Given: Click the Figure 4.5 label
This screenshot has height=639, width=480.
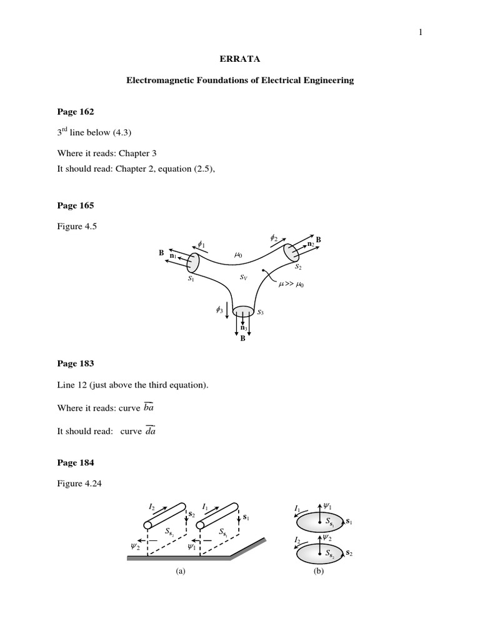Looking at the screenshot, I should click(x=74, y=228).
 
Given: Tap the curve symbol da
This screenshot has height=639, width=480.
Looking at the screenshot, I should click(x=150, y=430).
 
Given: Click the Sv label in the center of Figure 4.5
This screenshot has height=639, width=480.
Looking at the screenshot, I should click(x=244, y=276).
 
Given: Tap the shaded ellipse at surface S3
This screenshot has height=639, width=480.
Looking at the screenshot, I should click(x=242, y=311).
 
